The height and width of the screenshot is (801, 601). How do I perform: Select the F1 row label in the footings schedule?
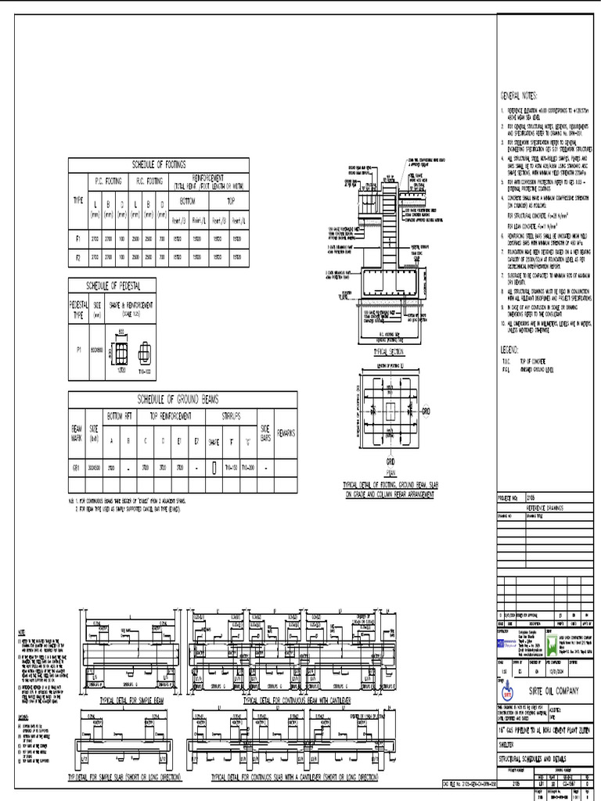tap(77, 236)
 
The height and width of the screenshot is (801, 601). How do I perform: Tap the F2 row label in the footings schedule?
tap(77, 256)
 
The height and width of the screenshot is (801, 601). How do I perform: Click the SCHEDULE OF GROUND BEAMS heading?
tap(182, 399)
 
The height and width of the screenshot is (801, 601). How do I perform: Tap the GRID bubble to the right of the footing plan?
tap(426, 410)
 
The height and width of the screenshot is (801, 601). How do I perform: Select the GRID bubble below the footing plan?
tap(390, 462)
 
